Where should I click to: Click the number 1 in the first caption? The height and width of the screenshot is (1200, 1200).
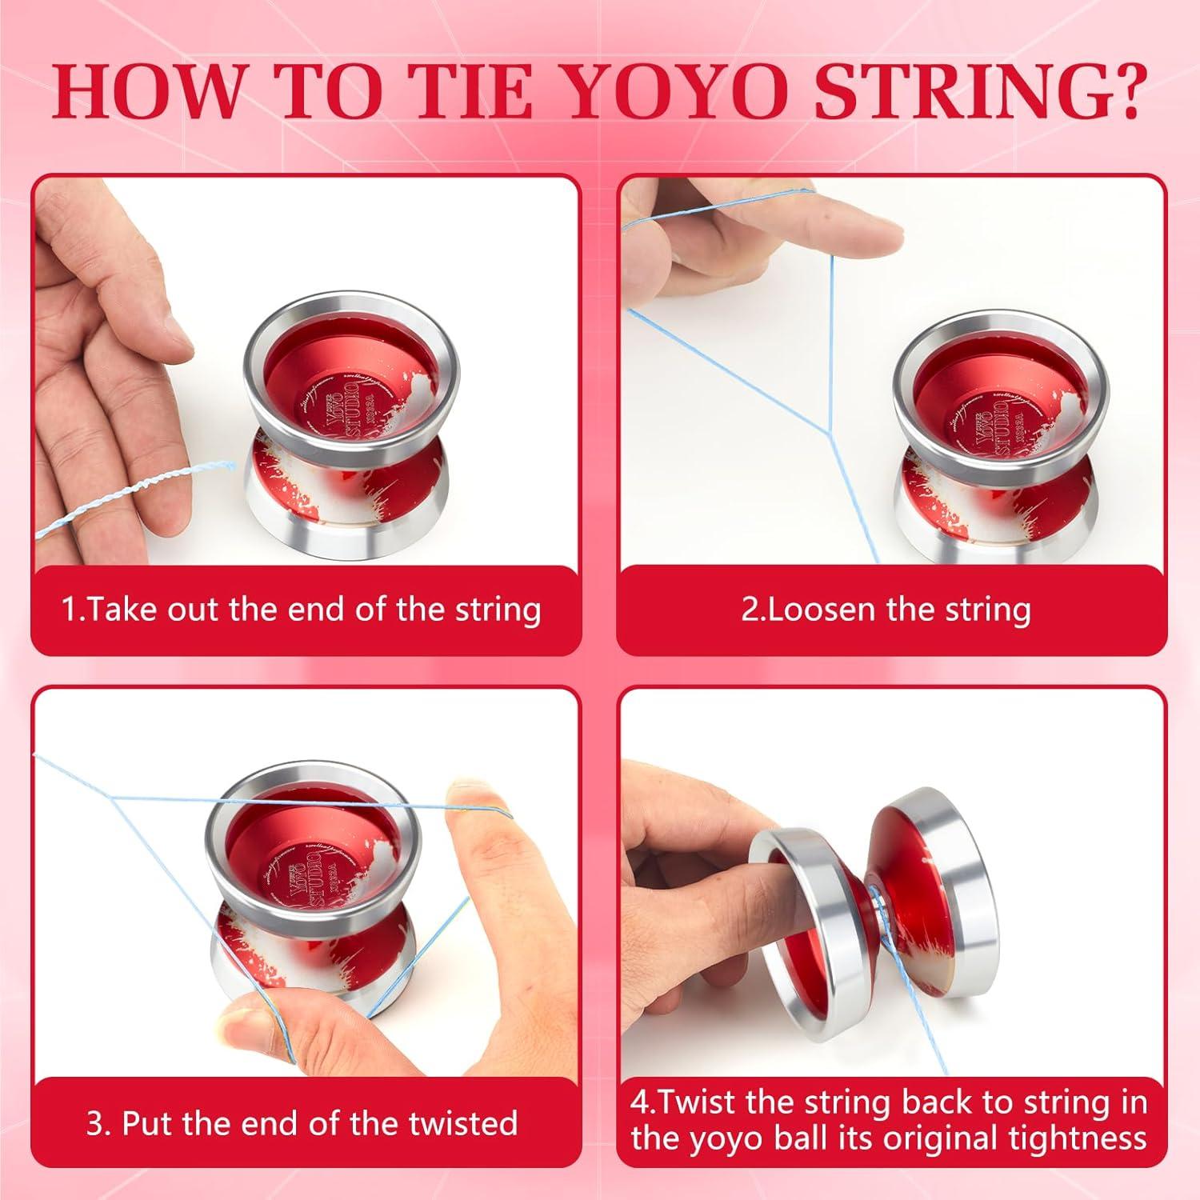[x=70, y=610]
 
